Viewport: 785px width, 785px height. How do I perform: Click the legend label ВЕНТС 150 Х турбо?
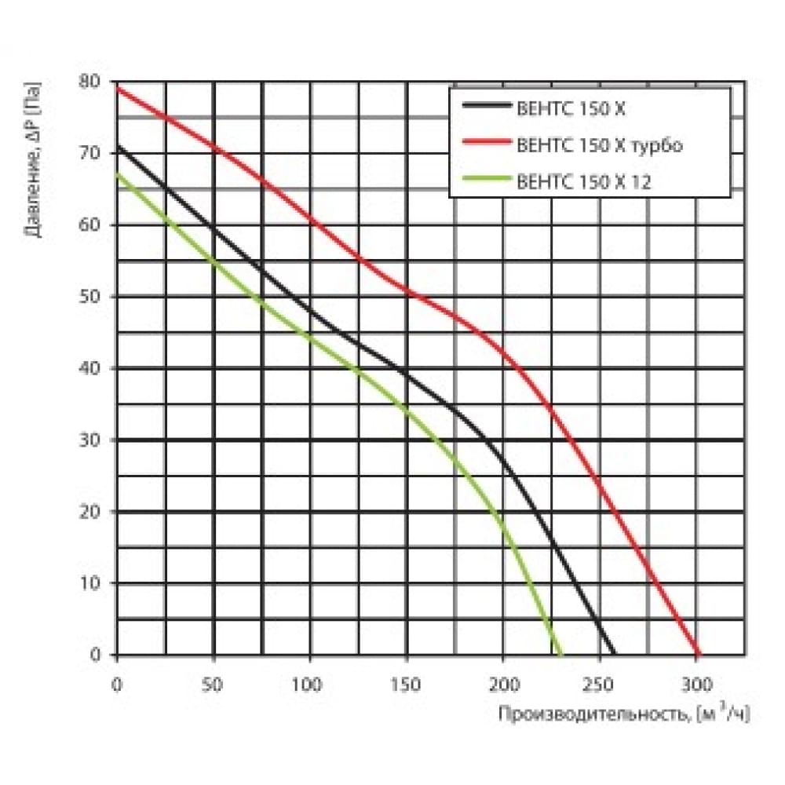click(600, 145)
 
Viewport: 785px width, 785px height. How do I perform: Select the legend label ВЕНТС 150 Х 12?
click(584, 182)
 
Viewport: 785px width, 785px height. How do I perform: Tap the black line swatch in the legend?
click(485, 107)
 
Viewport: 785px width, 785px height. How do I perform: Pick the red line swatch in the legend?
click(485, 144)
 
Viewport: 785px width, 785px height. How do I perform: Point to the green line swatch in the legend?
click(485, 181)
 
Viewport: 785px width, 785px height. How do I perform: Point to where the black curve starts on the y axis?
click(118, 146)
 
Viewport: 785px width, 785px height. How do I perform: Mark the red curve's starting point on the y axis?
click(118, 88)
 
